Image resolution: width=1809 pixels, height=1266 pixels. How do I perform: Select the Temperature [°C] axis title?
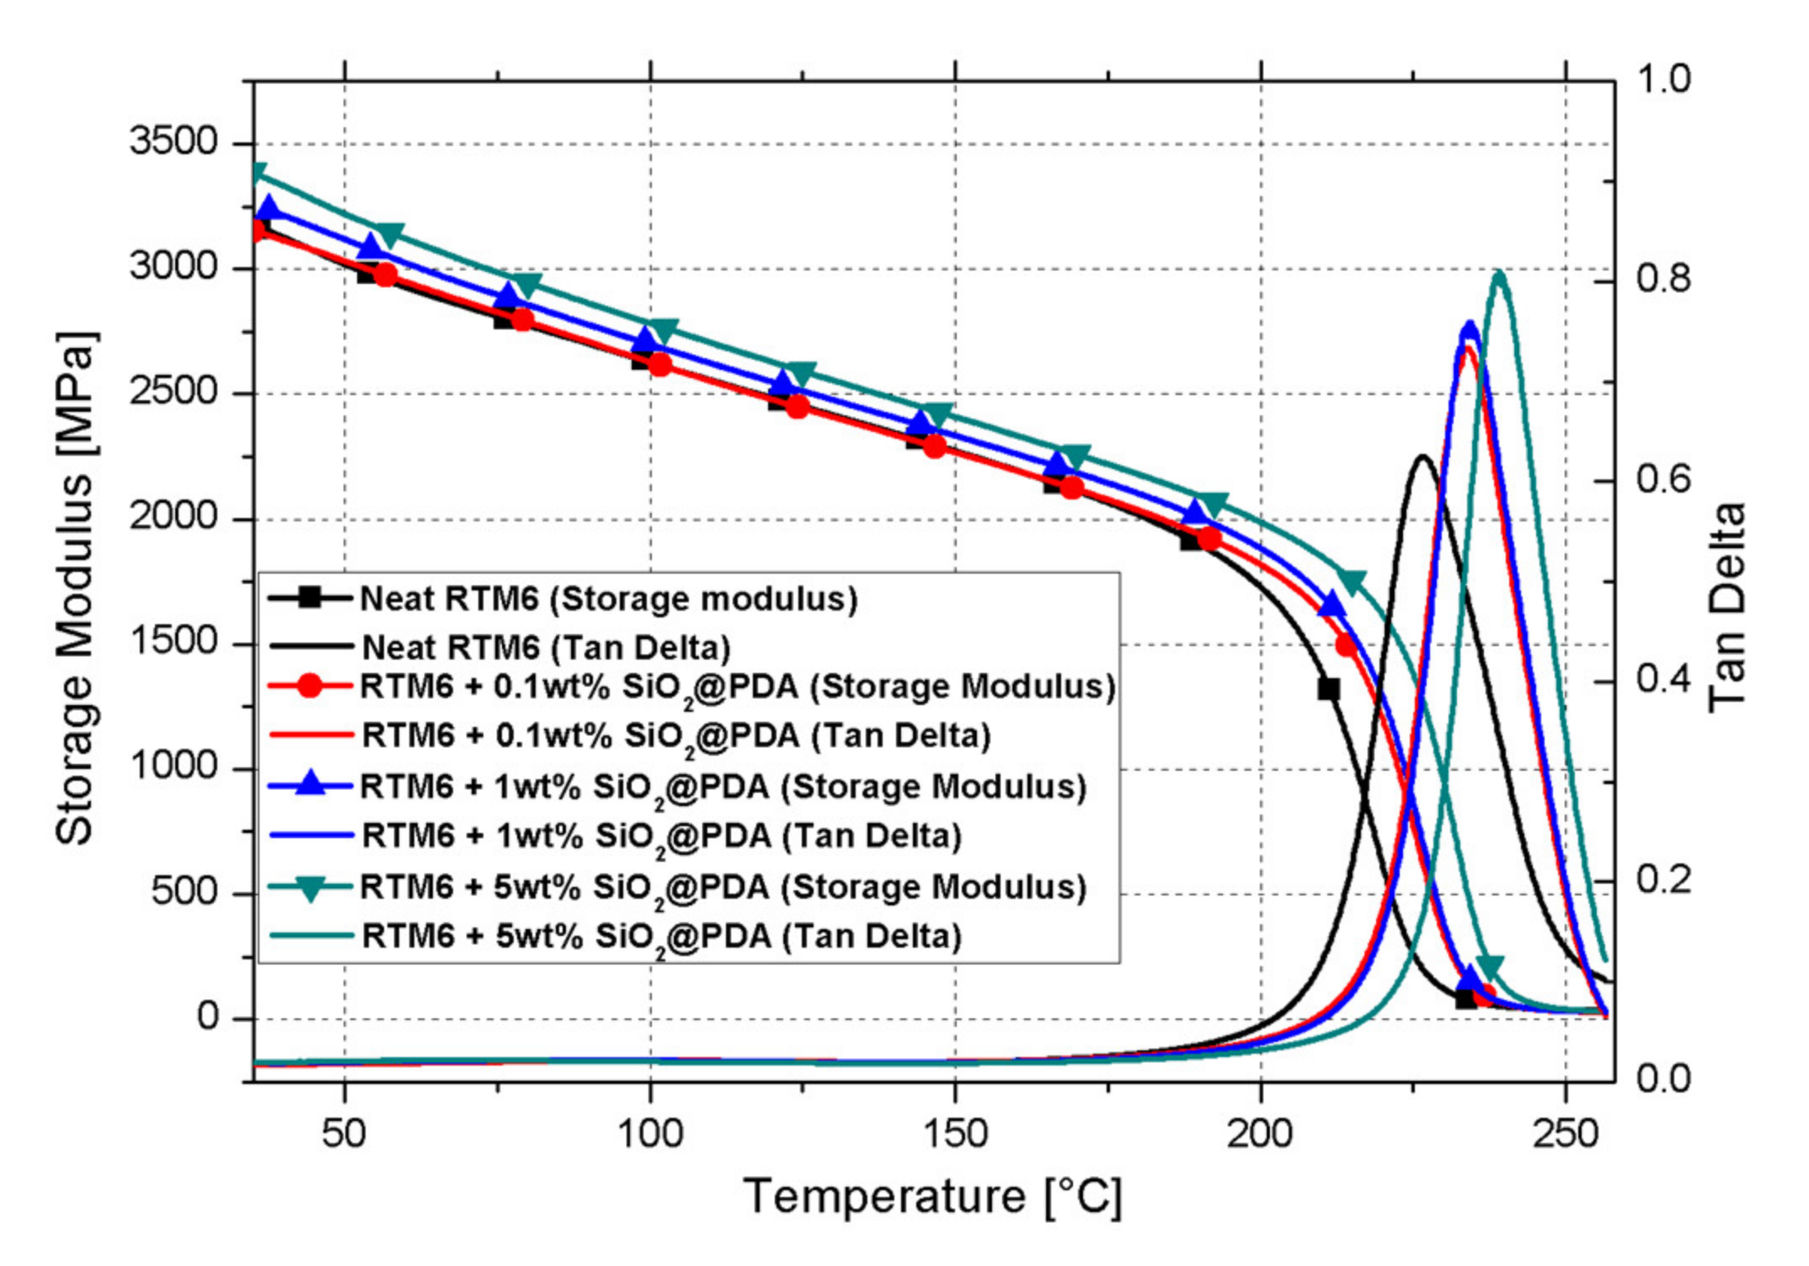pos(932,1195)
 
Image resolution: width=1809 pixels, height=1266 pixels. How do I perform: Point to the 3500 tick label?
pos(173,141)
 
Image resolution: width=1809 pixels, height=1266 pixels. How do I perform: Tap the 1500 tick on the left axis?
pos(173,642)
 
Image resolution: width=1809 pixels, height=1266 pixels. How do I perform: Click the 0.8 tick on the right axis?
pos(1663,279)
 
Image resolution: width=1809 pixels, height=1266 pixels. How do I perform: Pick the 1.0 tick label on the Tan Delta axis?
pos(1663,79)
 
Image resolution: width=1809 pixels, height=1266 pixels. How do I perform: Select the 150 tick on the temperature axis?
pos(955,1134)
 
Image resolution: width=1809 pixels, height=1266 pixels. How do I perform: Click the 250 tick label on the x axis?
pos(1565,1134)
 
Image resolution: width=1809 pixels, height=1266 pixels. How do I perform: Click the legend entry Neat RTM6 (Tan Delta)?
pos(546,648)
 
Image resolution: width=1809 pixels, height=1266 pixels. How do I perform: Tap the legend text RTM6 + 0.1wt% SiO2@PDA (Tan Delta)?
pos(675,736)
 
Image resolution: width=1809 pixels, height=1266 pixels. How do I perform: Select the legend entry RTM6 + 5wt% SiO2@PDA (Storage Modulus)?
pos(723,888)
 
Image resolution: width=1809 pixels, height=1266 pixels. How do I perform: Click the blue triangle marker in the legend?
pos(311,784)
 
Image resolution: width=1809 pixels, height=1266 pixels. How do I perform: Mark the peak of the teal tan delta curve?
pos(1498,273)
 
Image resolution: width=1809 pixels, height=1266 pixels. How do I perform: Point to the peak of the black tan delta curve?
pos(1422,457)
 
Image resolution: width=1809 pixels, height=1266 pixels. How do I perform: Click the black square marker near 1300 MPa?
pos(1328,689)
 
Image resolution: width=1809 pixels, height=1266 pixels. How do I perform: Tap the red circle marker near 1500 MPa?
pos(1347,646)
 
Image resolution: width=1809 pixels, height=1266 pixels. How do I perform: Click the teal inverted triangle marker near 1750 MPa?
pos(1352,582)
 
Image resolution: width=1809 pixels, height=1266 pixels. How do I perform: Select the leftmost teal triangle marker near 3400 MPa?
pos(258,173)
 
